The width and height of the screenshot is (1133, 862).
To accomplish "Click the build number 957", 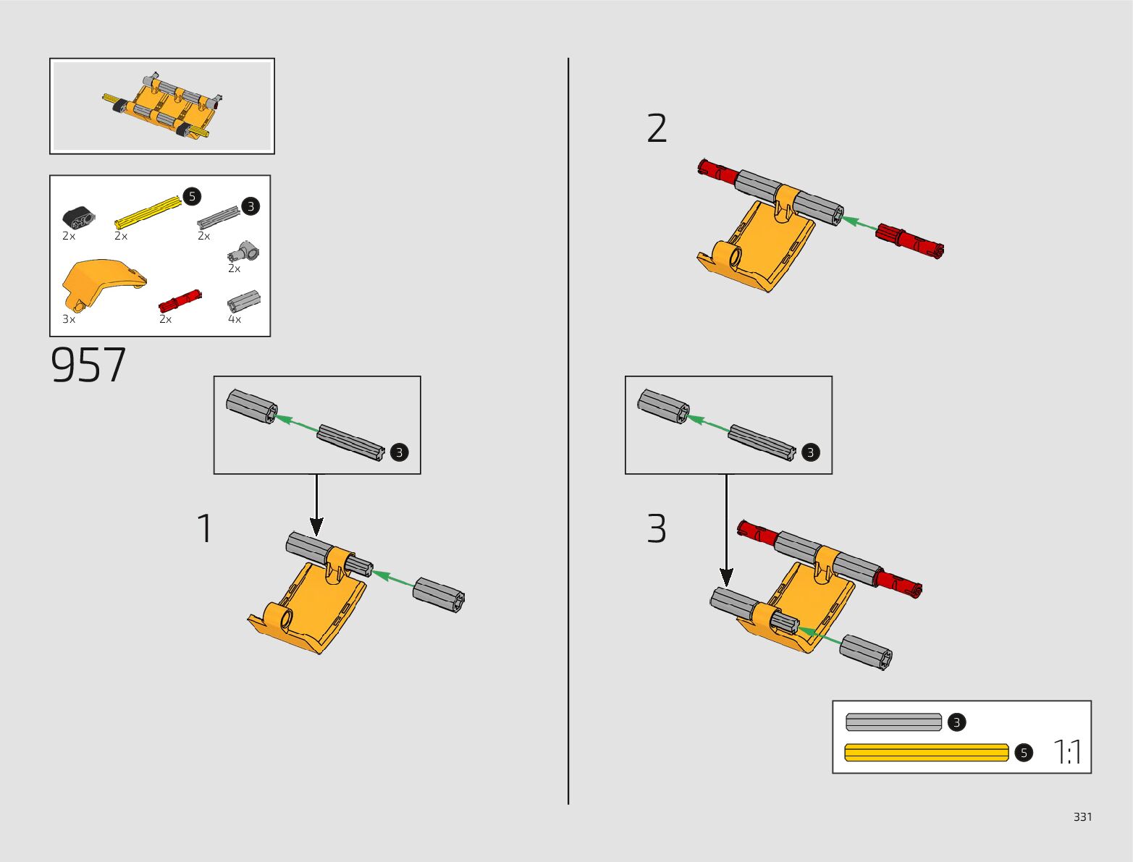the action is pyautogui.click(x=88, y=365).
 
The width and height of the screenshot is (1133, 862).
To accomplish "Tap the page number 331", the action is pyautogui.click(x=1082, y=816).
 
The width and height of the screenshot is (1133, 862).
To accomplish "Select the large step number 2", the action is pyautogui.click(x=657, y=128).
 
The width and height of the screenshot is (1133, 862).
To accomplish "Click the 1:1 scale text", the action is pyautogui.click(x=1067, y=751).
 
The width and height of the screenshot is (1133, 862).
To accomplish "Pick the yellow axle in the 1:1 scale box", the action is pyautogui.click(x=927, y=752).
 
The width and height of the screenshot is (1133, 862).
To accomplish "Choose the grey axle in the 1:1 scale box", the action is pyautogui.click(x=893, y=722).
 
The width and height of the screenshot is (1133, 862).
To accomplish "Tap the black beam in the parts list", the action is pyautogui.click(x=78, y=217).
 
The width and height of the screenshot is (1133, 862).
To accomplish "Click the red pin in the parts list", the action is pyautogui.click(x=180, y=301).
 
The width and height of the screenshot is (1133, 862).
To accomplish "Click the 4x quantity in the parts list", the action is pyautogui.click(x=235, y=319).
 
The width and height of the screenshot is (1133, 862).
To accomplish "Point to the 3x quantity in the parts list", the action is pyautogui.click(x=69, y=319).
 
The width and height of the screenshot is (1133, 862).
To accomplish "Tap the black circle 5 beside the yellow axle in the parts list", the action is pyautogui.click(x=192, y=197).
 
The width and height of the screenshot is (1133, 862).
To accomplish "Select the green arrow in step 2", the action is pyautogui.click(x=859, y=223).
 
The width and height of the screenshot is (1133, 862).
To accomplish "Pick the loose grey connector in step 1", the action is pyautogui.click(x=439, y=595).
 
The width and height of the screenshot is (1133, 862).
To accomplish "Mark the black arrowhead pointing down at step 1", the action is pyautogui.click(x=316, y=527).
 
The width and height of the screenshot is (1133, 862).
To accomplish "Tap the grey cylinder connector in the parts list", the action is pyautogui.click(x=244, y=301).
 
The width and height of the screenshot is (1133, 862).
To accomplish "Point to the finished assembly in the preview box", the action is pyautogui.click(x=162, y=107).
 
